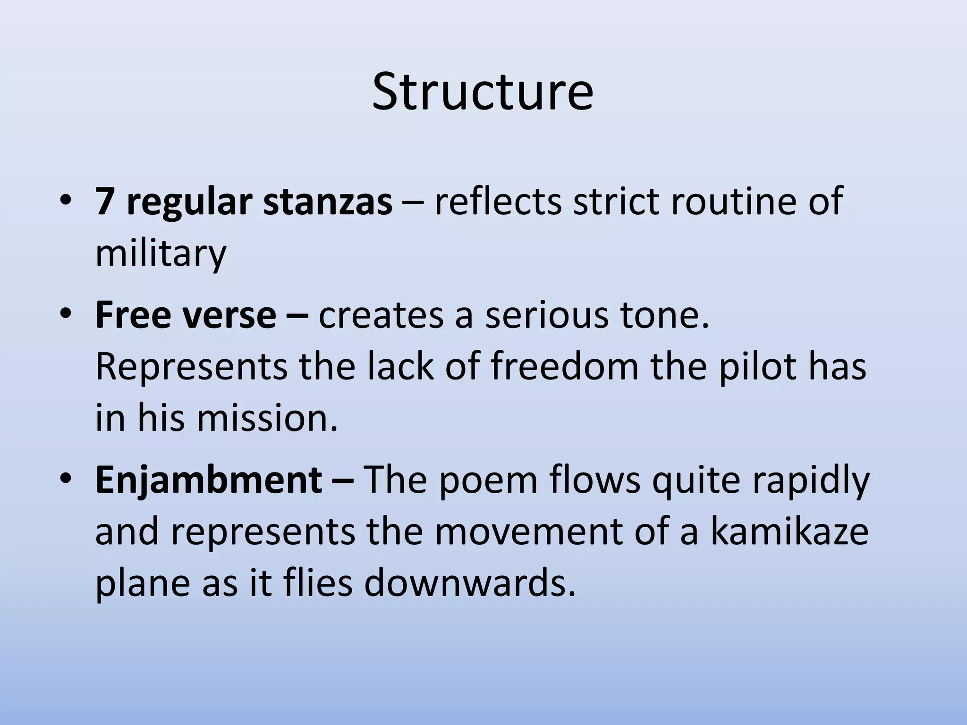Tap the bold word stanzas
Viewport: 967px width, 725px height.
pyautogui.click(x=327, y=202)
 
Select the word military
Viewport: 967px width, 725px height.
pyautogui.click(x=161, y=253)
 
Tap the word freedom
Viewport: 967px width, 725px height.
pyautogui.click(x=565, y=367)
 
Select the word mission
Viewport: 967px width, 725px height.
pyautogui.click(x=267, y=418)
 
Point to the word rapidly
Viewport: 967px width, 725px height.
pyautogui.click(x=810, y=481)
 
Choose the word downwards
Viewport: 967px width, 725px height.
pyautogui.click(x=470, y=583)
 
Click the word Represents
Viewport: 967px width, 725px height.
pyautogui.click(x=191, y=367)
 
